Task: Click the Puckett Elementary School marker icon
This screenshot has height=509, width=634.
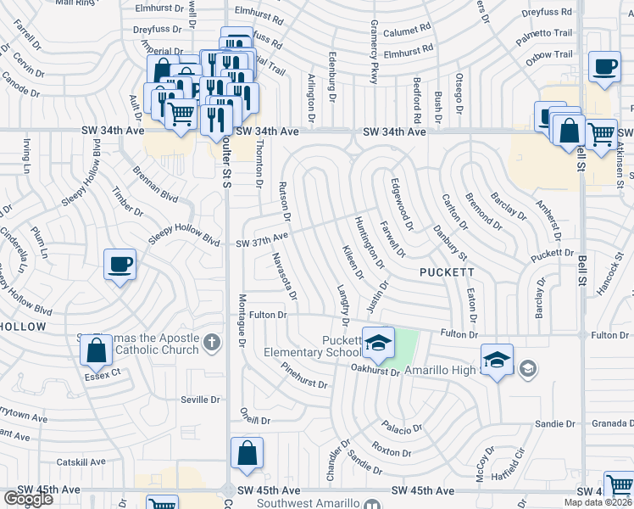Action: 379,342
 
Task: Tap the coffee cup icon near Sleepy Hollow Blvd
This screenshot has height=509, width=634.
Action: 120,265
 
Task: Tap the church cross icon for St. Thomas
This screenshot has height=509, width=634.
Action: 212,344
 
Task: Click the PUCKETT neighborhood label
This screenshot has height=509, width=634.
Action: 443,271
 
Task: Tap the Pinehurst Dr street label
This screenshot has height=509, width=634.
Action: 303,377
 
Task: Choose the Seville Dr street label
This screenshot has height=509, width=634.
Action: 199,400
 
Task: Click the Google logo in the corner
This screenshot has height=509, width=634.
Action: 27,499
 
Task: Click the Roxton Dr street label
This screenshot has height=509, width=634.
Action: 391,451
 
